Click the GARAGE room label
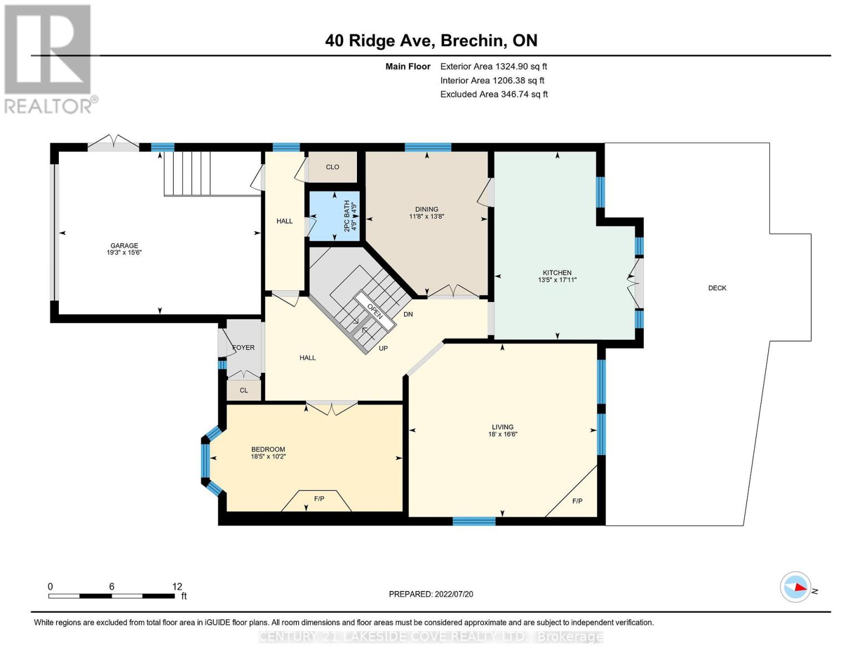click(x=124, y=245)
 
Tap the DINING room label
click(x=426, y=209)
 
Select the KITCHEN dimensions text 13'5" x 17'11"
click(x=557, y=280)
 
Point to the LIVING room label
click(x=502, y=427)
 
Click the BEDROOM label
click(x=268, y=450)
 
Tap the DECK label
click(x=717, y=288)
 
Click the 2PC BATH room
click(x=334, y=216)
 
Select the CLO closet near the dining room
click(x=332, y=167)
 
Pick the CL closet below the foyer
click(x=244, y=390)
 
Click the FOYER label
click(x=243, y=347)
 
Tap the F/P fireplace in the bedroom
click(x=319, y=499)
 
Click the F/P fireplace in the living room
click(x=577, y=501)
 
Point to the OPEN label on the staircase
click(x=375, y=311)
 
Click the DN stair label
click(x=408, y=314)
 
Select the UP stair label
click(x=383, y=349)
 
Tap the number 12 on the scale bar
click(x=177, y=587)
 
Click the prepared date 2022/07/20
click(x=453, y=594)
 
